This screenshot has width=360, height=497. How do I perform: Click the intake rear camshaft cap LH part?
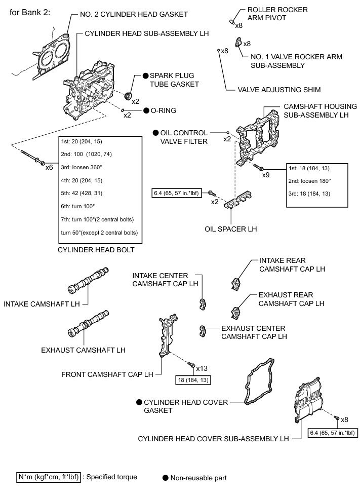point(236,283)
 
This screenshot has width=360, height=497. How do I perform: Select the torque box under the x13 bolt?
point(193,379)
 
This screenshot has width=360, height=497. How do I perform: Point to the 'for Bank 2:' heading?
point(30,11)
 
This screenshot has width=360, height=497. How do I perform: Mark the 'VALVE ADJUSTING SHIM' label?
point(279,90)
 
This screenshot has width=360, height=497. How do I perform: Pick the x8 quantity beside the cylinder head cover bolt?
point(344,419)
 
